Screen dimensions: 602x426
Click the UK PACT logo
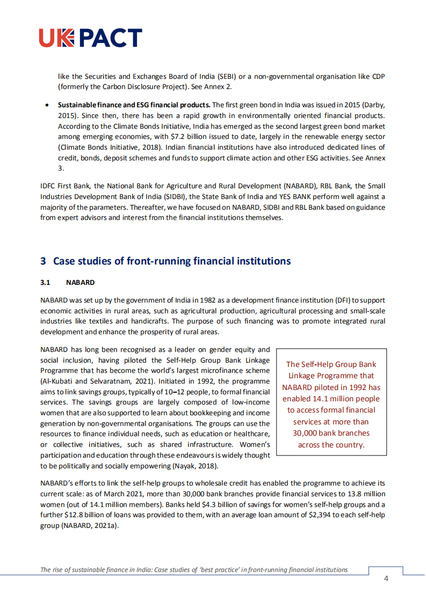click(91, 38)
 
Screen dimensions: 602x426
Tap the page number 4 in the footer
click(386, 578)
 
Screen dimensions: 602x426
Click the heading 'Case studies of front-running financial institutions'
click(171, 261)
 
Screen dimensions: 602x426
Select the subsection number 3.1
click(45, 282)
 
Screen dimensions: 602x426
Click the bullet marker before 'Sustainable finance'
click(48, 105)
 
